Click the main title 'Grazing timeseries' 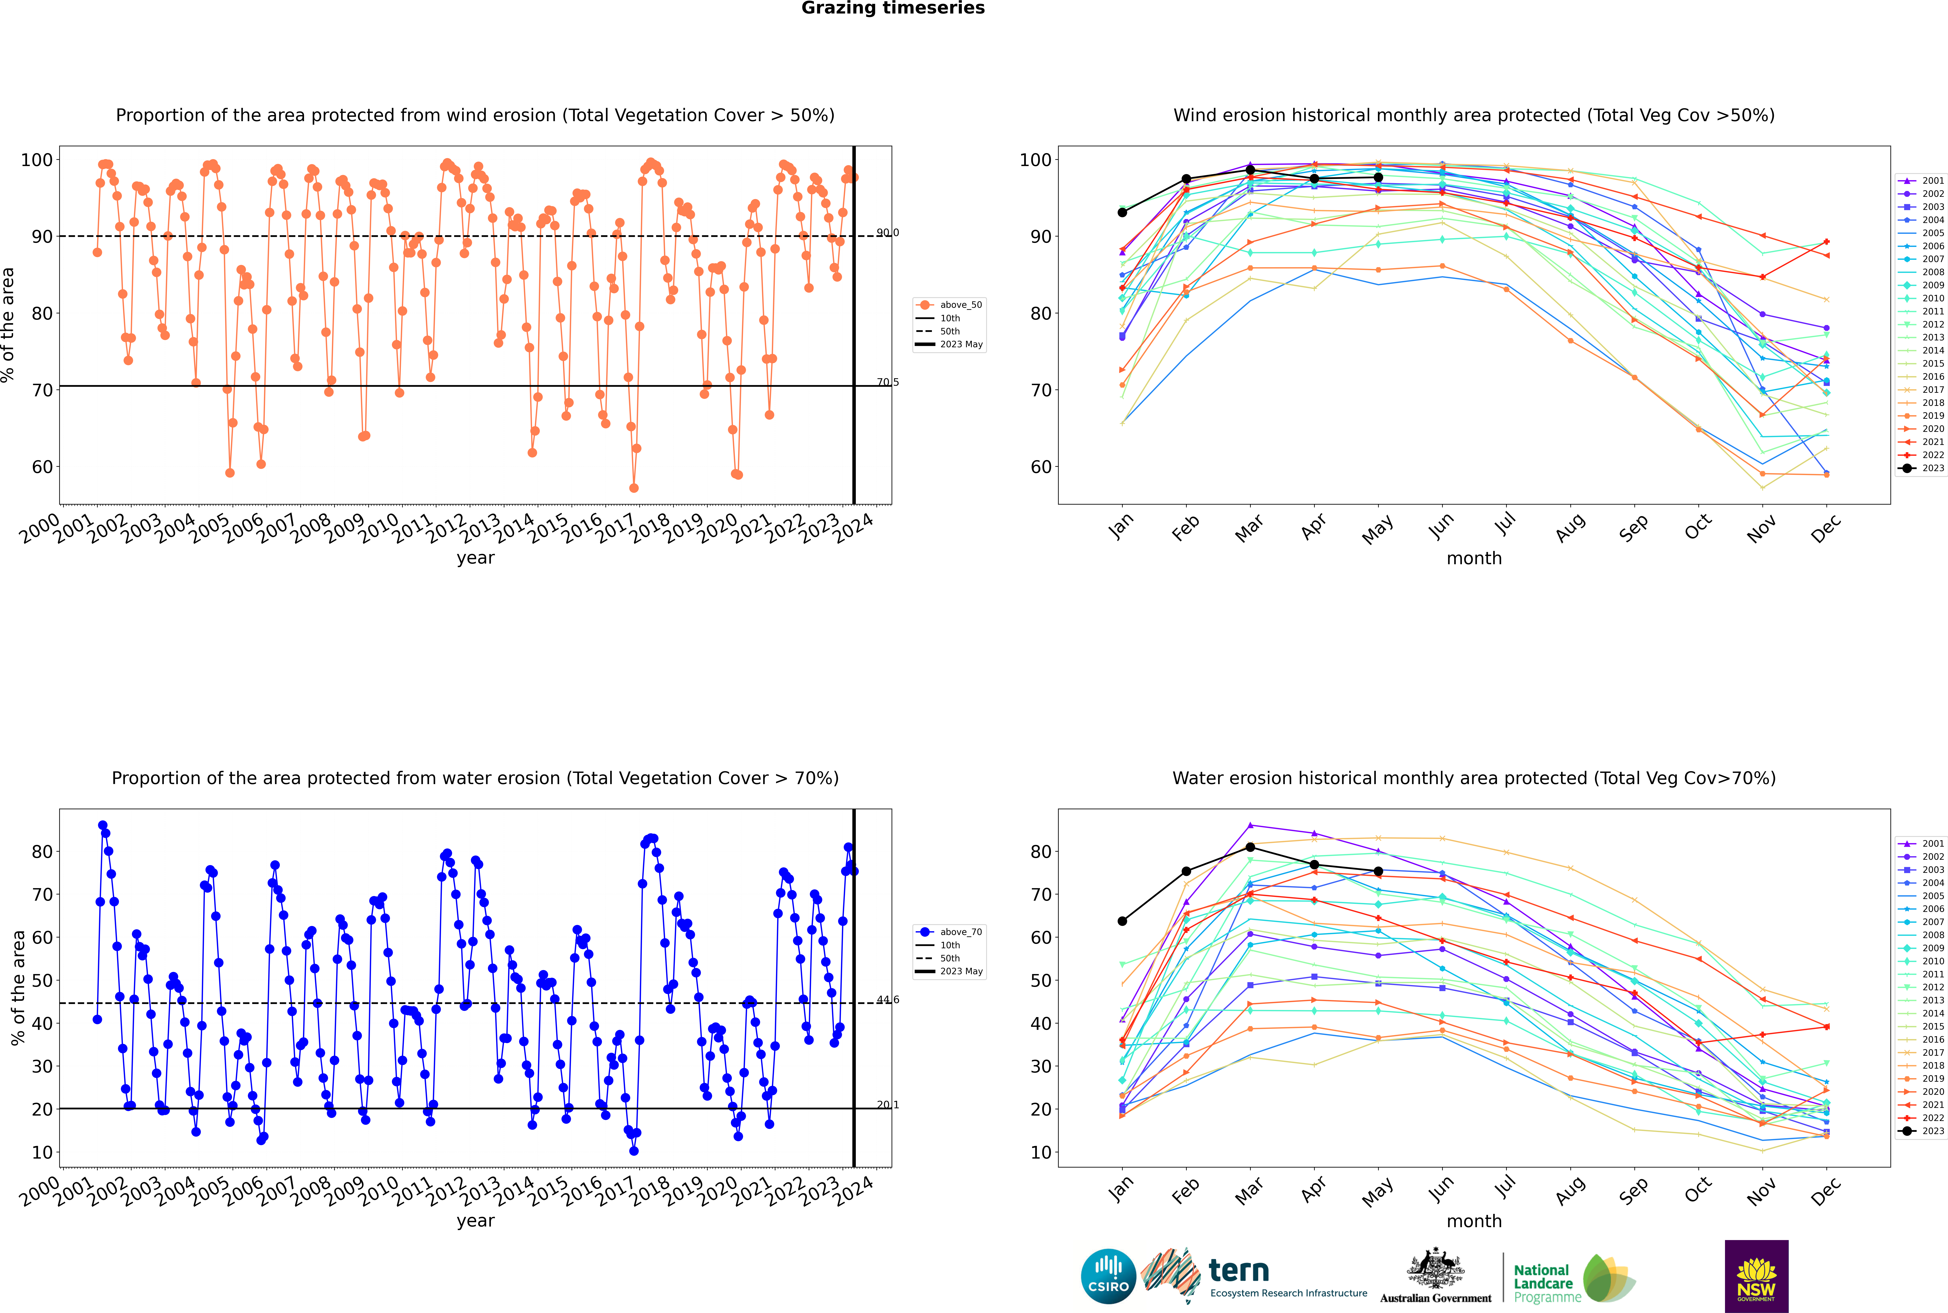point(893,8)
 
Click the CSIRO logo point(1108,1276)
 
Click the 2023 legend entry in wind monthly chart point(1923,468)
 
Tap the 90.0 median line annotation point(888,233)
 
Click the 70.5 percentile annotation point(888,383)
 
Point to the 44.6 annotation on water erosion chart point(888,1000)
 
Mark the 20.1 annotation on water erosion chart point(888,1105)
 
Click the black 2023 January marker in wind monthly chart point(1122,213)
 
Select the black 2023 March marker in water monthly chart point(1250,847)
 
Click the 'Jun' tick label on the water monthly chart point(1441,1190)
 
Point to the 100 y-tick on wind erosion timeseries point(37,160)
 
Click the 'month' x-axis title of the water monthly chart point(1474,1221)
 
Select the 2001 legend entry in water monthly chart point(1923,843)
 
